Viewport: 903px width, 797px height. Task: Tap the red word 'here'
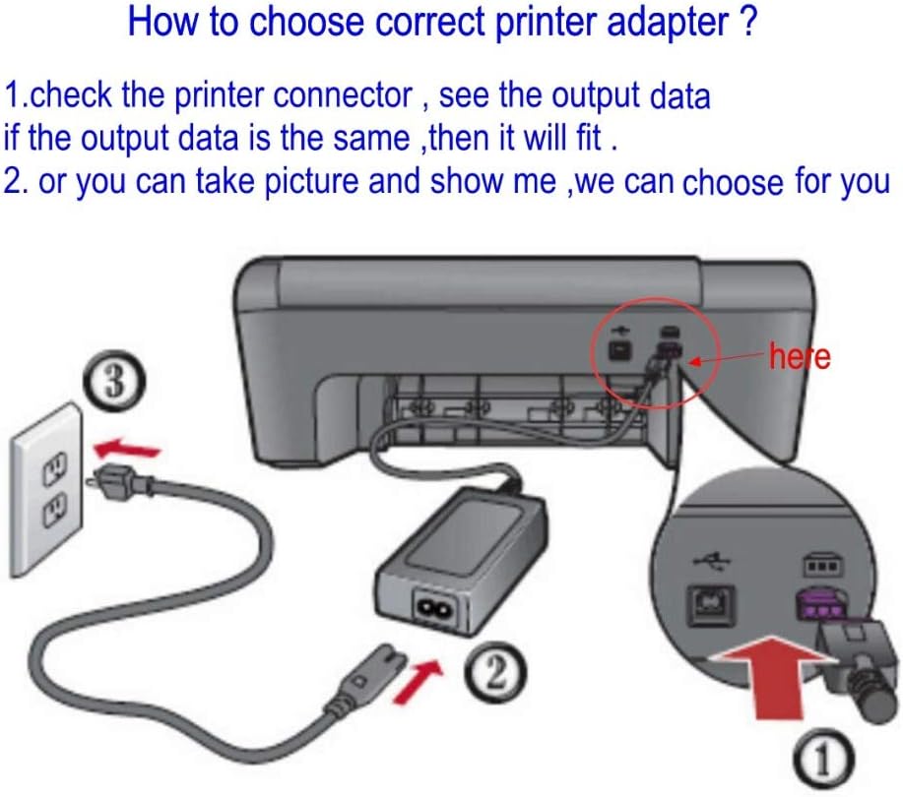[801, 356]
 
